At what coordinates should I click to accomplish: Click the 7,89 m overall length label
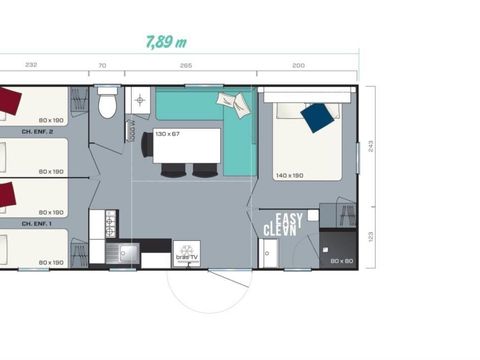(x=166, y=43)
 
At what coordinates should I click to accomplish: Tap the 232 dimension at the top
(x=31, y=65)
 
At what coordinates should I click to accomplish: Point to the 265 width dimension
(x=186, y=65)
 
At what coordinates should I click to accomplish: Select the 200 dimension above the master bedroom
(x=299, y=65)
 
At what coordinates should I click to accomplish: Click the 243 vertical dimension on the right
(x=371, y=146)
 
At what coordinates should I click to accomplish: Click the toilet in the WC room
(x=108, y=103)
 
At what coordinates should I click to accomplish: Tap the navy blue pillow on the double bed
(x=317, y=118)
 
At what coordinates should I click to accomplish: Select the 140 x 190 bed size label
(x=290, y=176)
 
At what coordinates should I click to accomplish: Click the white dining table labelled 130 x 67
(x=180, y=146)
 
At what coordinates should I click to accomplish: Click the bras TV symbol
(x=186, y=253)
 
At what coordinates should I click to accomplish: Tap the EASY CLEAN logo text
(x=286, y=225)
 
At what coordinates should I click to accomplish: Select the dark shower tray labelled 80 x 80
(x=340, y=249)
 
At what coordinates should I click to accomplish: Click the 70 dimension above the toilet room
(x=102, y=65)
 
